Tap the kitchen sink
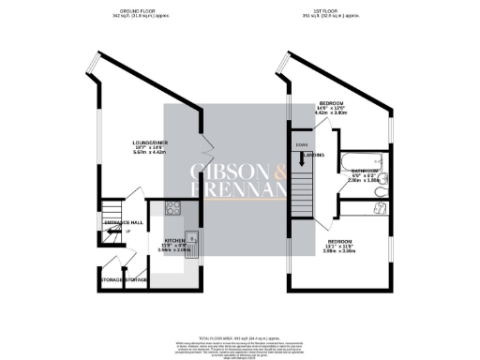click(x=188, y=239)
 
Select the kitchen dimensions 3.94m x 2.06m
click(x=178, y=251)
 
